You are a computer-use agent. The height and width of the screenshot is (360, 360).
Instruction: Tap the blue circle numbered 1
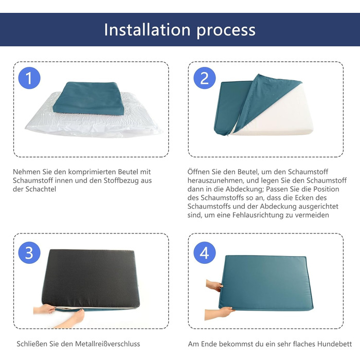[29, 78]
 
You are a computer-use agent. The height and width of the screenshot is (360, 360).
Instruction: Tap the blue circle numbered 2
[204, 78]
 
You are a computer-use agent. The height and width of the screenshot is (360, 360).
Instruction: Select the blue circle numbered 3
[29, 253]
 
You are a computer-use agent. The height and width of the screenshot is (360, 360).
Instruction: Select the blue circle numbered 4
[204, 253]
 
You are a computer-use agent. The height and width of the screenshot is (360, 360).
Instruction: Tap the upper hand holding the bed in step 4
[214, 285]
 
